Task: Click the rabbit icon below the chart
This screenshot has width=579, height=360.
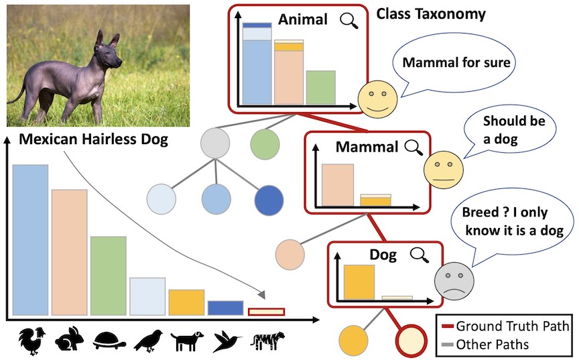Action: point(70,339)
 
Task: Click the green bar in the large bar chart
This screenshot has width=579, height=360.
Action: point(109,276)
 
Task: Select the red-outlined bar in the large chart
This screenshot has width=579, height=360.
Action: point(266,312)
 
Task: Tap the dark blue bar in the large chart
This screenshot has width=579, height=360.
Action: point(226,308)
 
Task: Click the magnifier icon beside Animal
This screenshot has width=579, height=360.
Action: point(349,21)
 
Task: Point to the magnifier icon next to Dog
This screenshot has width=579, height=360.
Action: point(420,255)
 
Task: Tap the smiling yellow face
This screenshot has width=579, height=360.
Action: point(378,99)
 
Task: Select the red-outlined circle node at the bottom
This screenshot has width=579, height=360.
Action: point(411,340)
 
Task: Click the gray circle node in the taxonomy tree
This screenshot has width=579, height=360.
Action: point(215,143)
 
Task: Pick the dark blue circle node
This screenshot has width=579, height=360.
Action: point(269,200)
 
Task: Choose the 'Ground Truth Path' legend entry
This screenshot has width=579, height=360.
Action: point(506,326)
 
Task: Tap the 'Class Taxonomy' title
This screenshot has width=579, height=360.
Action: point(430,14)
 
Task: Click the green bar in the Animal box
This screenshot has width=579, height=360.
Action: point(320,88)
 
